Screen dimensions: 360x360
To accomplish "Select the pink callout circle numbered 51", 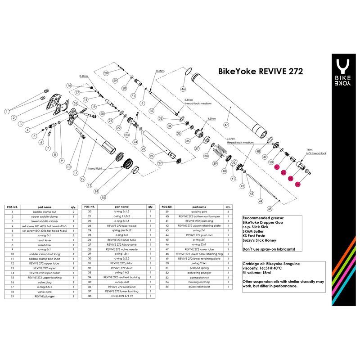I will point(277,167).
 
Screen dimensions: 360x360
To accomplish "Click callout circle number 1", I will point(7,110).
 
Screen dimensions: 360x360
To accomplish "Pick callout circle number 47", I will point(226,125).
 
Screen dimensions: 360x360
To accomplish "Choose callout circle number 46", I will point(183,89).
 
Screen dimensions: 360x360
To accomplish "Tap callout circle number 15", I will point(103,197).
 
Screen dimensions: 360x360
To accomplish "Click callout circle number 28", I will point(106,73).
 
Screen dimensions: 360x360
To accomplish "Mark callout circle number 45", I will point(270,208).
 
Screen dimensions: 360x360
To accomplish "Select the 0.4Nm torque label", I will point(83,76).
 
